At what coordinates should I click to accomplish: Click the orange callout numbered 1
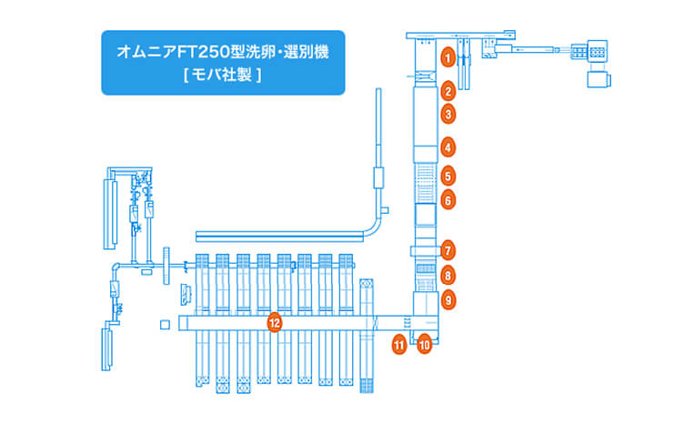coord(448,56)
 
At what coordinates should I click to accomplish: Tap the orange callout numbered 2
coord(448,91)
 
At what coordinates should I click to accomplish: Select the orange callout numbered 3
coord(448,115)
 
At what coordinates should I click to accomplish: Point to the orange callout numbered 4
coord(448,146)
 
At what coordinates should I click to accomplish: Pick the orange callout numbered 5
coord(448,175)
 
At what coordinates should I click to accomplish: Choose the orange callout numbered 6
coord(448,199)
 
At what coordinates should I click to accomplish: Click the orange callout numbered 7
coord(448,249)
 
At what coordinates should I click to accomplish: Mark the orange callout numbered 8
coord(448,275)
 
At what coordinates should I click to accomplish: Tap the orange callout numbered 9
coord(448,298)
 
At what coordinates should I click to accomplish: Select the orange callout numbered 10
coord(424,344)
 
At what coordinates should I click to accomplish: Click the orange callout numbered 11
coord(398,344)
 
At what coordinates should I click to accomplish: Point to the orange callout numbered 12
coord(274,322)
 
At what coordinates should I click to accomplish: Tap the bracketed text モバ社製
coord(223,76)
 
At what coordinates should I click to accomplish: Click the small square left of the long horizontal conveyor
coord(165,324)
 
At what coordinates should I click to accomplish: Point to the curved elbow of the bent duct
coord(380,222)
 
